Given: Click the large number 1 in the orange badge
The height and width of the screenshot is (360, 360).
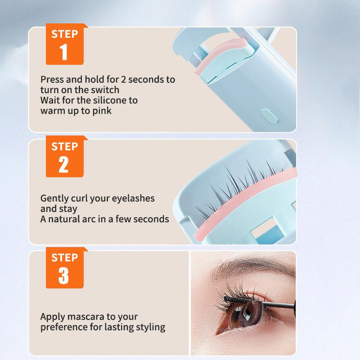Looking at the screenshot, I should point(64,52).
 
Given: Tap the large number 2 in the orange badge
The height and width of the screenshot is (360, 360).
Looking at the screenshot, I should point(64,164).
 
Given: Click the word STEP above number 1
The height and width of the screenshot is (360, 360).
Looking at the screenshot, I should point(64,34).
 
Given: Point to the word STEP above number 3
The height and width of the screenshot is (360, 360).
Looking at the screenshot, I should point(64,258).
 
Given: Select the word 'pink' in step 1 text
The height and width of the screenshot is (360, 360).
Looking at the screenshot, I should point(102,110).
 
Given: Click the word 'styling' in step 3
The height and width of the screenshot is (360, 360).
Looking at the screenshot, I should point(150,327).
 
